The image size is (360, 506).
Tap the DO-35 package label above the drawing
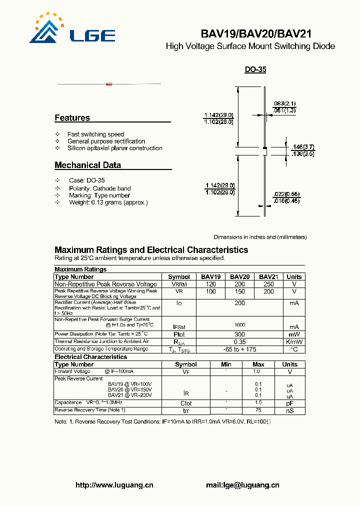(x=255, y=70)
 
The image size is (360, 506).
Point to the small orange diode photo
(x=109, y=83)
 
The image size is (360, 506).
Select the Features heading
(x=72, y=118)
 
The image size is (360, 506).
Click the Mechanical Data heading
(x=87, y=165)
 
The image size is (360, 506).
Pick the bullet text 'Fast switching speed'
(x=95, y=134)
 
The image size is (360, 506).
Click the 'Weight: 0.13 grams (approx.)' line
(x=107, y=202)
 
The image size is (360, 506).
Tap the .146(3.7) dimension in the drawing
(x=303, y=147)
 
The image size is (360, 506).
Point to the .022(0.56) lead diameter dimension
(x=286, y=194)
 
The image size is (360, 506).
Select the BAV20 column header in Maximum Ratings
(x=240, y=276)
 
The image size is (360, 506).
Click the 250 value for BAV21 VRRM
(x=268, y=284)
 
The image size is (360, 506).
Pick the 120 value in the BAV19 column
(x=210, y=284)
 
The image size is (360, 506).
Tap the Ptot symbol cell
(x=178, y=334)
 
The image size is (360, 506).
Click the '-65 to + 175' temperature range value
(x=240, y=349)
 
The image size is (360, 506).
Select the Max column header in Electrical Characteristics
(x=258, y=364)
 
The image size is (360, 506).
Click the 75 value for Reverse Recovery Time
(x=258, y=410)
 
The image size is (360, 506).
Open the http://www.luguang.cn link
(x=114, y=485)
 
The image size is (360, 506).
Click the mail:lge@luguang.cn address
(x=242, y=485)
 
